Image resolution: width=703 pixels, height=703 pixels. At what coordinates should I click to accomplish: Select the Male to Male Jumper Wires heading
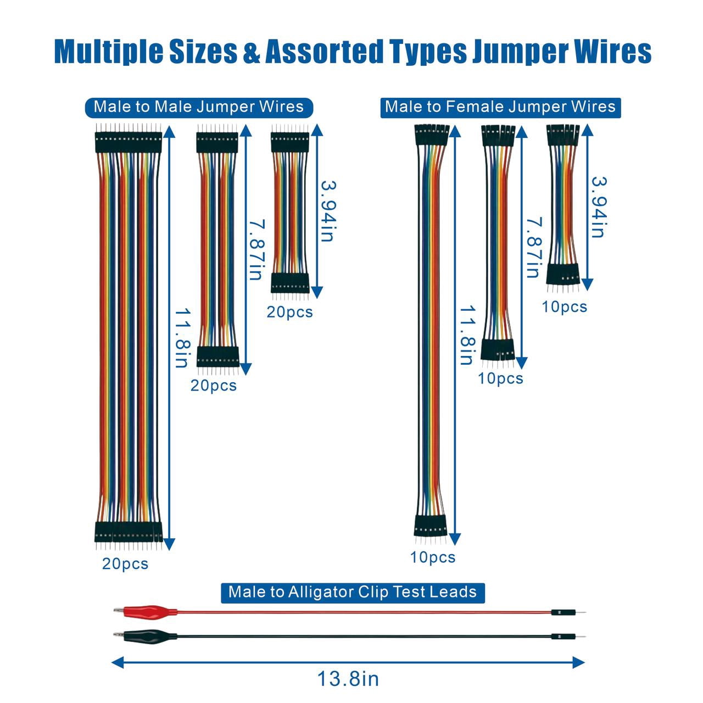pos(199,107)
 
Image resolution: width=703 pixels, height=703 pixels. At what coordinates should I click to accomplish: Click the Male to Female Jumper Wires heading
pos(500,107)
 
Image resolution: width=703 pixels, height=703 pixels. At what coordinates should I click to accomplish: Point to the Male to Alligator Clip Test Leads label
pos(353,592)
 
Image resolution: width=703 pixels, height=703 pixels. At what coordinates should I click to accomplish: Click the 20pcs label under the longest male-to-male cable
pos(125,563)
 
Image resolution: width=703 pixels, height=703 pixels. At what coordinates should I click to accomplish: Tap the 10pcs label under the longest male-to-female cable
pos(433,557)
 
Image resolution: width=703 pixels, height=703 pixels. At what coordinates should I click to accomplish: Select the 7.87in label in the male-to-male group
pos(257,249)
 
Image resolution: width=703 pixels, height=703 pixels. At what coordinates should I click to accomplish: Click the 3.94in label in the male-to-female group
pos(599,207)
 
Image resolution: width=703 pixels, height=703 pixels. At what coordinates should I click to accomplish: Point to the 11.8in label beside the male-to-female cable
pos(467,335)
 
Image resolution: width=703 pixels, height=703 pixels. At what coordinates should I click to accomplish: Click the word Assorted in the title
pos(325,52)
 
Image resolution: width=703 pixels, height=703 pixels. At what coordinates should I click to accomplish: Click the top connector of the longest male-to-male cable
pos(128,142)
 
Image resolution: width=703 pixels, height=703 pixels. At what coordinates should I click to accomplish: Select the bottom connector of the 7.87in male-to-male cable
pos(218,356)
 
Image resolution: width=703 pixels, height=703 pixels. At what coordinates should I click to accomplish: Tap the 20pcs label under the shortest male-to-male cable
pos(289,312)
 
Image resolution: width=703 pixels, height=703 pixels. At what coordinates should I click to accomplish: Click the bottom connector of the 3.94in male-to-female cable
pos(563,274)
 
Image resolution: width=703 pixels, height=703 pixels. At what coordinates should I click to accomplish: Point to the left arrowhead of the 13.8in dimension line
pos(118,662)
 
